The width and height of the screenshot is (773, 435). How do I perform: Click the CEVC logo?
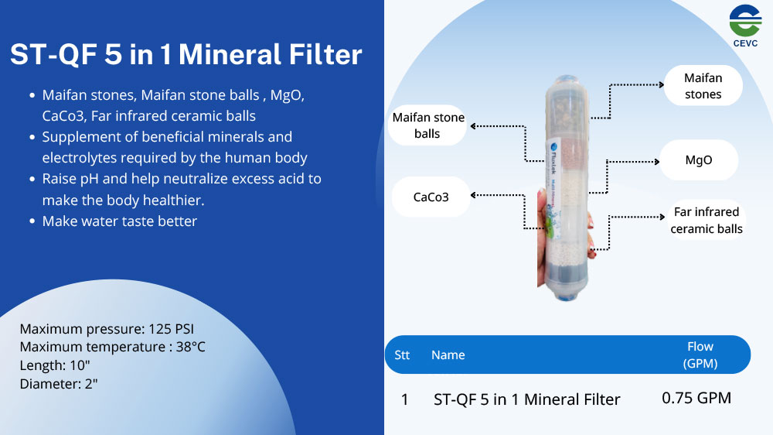coord(745,26)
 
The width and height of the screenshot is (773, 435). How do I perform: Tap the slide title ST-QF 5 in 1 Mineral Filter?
coord(186,54)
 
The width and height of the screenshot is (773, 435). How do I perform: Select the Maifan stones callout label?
coord(703,86)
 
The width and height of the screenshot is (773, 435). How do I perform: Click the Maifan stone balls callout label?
coord(428,125)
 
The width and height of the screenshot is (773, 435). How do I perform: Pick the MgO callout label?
coord(699,160)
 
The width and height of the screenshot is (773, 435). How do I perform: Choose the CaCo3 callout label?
coord(431,197)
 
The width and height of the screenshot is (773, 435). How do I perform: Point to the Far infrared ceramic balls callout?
coord(707,221)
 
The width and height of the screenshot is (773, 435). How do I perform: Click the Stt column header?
coord(402,355)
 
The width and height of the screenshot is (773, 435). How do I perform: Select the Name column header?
coord(448,355)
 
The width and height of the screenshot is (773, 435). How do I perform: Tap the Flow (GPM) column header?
coord(700,355)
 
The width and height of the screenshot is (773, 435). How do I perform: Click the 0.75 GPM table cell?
coord(696,398)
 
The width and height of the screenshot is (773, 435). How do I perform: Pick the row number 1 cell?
coord(405,399)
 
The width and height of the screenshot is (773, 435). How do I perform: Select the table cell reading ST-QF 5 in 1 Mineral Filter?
coord(526,399)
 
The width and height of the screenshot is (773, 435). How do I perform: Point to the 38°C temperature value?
coord(190,347)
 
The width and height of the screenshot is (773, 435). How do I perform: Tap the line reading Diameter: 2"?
coord(59,384)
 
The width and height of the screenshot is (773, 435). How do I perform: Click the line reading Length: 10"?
coord(55,365)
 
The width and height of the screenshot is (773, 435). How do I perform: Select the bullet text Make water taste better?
coord(119,221)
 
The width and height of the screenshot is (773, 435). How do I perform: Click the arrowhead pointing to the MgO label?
coord(656,162)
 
